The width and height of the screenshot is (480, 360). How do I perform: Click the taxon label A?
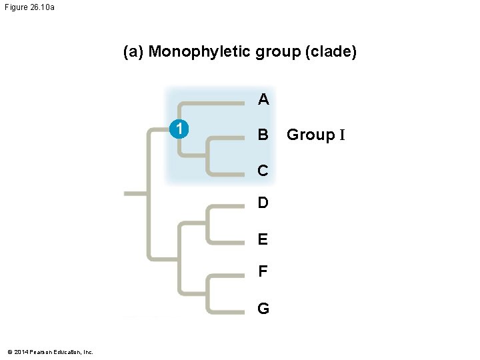click(x=263, y=100)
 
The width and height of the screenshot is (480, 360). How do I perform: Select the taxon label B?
click(x=263, y=135)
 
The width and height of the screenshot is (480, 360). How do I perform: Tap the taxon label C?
click(x=263, y=171)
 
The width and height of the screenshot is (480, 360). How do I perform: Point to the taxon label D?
click(x=263, y=203)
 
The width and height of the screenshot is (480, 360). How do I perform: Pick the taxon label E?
click(x=263, y=239)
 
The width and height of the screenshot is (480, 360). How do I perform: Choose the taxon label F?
click(x=263, y=272)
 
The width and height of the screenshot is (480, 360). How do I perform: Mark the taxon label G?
click(x=263, y=309)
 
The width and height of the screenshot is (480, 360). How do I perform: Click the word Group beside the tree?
click(x=311, y=135)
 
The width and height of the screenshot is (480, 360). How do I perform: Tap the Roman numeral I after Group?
click(x=342, y=135)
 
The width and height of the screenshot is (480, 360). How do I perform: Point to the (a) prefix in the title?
click(x=133, y=52)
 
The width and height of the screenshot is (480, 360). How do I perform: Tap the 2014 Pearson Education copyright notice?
click(x=50, y=351)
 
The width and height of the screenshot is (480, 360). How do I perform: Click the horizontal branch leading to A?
click(x=213, y=103)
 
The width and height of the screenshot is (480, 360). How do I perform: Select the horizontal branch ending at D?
click(x=227, y=206)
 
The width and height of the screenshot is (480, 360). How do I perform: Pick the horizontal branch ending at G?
click(x=227, y=311)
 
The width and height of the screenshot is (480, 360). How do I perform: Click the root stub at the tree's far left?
click(x=135, y=193)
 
